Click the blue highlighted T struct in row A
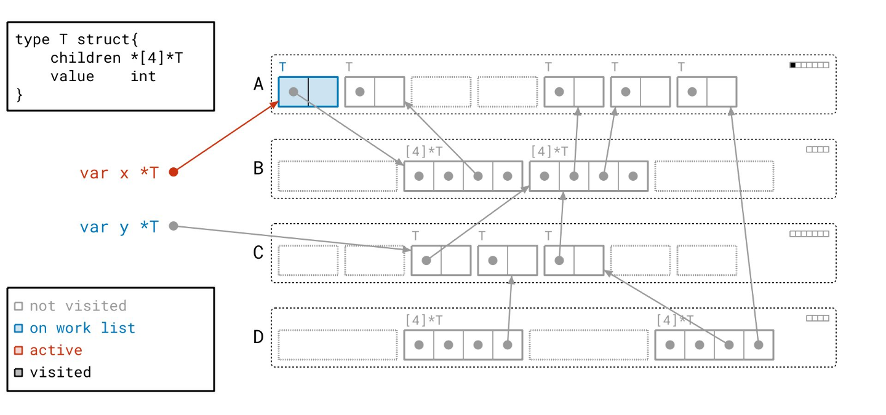point(308,92)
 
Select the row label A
point(259,84)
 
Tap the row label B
point(259,168)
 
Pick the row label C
point(259,253)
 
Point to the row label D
point(259,337)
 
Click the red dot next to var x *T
point(174,172)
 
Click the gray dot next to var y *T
point(174,226)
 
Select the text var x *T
point(119,173)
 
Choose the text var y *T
point(119,227)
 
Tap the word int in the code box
point(143,76)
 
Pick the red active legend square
point(18,350)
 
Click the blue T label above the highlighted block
point(283,66)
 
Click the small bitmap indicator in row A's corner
point(809,65)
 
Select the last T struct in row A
point(706,92)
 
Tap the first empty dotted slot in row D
point(338,345)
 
